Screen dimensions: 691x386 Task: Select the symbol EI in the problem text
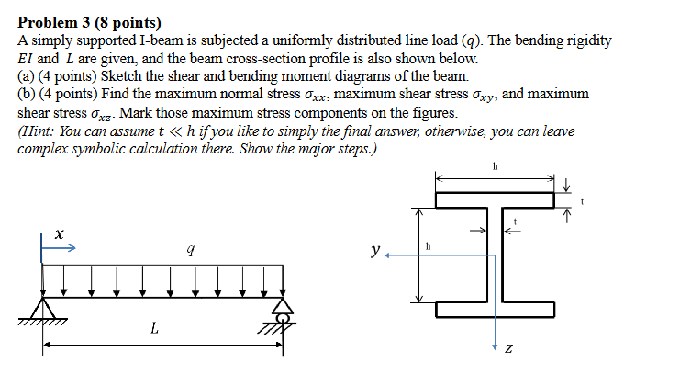27,59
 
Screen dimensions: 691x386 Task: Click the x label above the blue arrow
58,236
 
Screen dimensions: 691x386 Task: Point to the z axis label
508,348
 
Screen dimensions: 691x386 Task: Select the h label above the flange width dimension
495,166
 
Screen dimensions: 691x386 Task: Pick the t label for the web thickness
515,221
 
